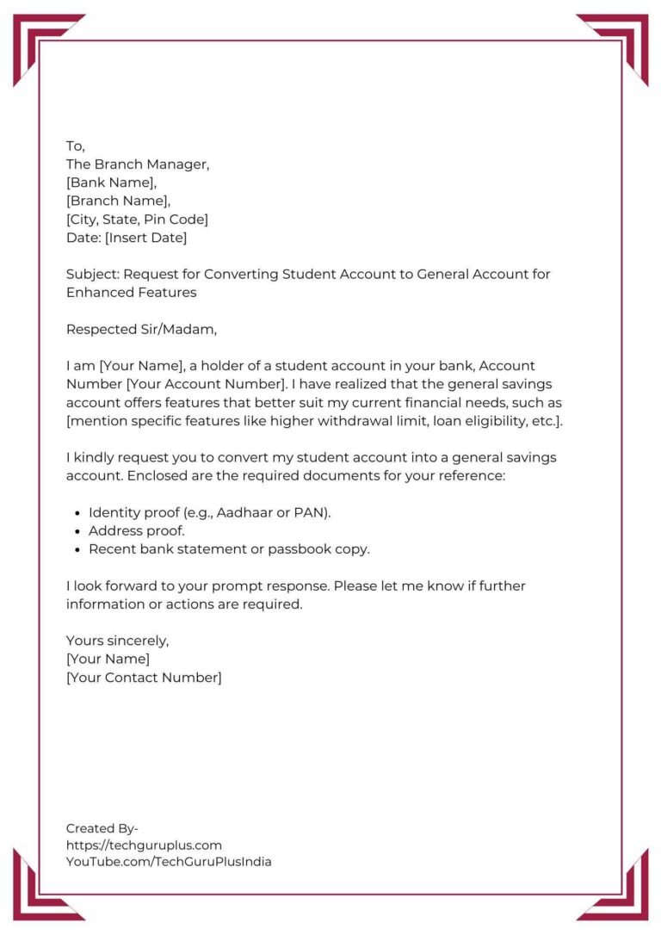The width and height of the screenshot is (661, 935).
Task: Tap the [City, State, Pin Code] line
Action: coord(137,220)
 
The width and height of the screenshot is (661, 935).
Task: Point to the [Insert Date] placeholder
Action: coord(145,238)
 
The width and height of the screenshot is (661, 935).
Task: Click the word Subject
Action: coord(92,275)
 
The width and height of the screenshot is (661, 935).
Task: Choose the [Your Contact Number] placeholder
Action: coord(144,678)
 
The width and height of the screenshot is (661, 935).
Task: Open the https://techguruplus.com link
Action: coord(144,845)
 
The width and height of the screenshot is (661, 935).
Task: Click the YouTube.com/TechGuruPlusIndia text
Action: coord(169,862)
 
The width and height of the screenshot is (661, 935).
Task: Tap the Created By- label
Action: coord(102,828)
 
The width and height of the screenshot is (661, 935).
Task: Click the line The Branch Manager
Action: coord(138,164)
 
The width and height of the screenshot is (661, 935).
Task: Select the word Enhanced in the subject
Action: coord(96,293)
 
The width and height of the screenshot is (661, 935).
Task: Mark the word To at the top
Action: coord(75,146)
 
